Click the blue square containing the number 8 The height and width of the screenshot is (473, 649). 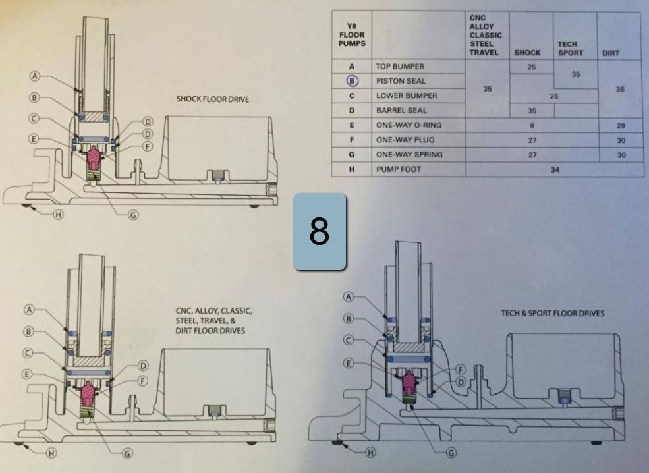[x=320, y=232]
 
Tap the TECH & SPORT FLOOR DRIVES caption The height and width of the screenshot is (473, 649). [x=552, y=313]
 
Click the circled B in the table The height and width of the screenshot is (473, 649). [x=351, y=81]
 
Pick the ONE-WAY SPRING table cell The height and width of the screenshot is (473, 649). [x=409, y=155]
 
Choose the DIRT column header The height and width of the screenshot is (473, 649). [x=610, y=53]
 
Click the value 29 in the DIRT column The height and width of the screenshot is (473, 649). [x=619, y=125]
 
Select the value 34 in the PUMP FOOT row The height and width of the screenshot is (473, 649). [x=555, y=169]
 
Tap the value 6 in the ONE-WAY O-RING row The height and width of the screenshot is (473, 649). [x=531, y=125]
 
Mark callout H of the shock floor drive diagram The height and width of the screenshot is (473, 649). [x=58, y=216]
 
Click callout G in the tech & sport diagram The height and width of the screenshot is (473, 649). [x=451, y=453]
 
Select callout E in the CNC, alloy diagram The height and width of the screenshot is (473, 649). [x=27, y=374]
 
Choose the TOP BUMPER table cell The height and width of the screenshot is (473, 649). [x=400, y=67]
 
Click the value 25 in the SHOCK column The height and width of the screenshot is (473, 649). [x=531, y=67]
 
